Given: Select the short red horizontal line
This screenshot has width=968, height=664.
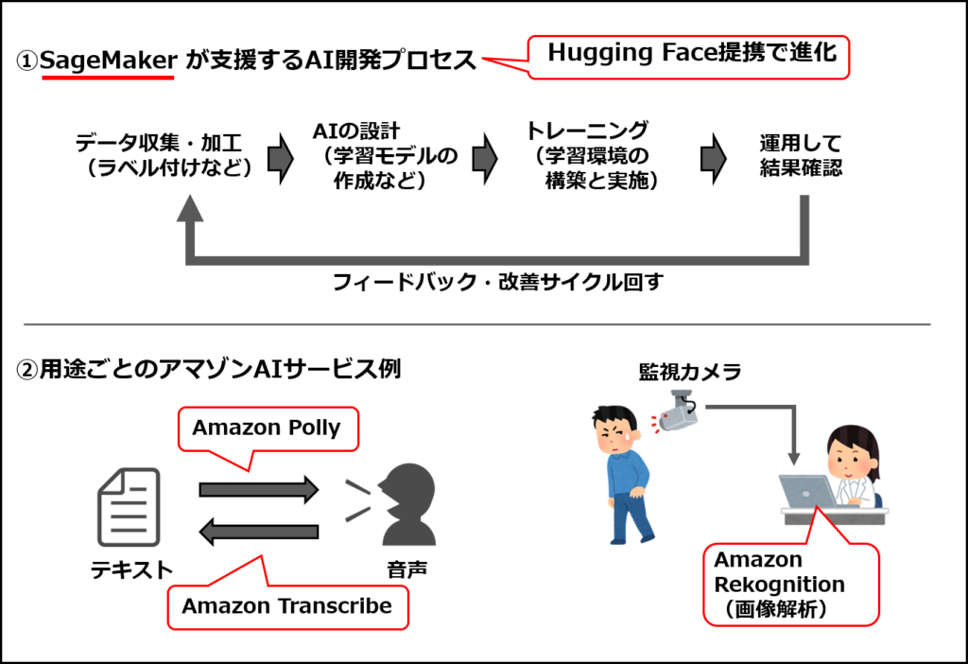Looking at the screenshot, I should [109, 78].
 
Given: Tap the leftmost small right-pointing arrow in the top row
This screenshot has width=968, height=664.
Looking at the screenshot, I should [280, 159].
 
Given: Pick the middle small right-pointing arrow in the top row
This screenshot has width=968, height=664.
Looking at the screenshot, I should [484, 159].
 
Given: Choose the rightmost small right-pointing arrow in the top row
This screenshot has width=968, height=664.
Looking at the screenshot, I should [713, 159].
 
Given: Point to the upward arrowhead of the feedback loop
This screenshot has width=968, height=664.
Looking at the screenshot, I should [190, 208].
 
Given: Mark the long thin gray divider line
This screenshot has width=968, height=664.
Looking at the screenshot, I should [476, 324].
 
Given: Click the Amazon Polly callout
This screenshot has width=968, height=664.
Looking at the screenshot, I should [267, 428].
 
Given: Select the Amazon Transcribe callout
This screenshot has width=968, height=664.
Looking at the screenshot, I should [286, 606].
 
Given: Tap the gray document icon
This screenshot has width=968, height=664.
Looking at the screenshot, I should [129, 508].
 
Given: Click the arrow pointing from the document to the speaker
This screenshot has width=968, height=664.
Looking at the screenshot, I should [258, 489].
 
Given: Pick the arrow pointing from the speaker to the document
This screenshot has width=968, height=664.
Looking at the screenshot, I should [258, 533].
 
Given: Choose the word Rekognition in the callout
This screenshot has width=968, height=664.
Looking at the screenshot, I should [779, 585].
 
